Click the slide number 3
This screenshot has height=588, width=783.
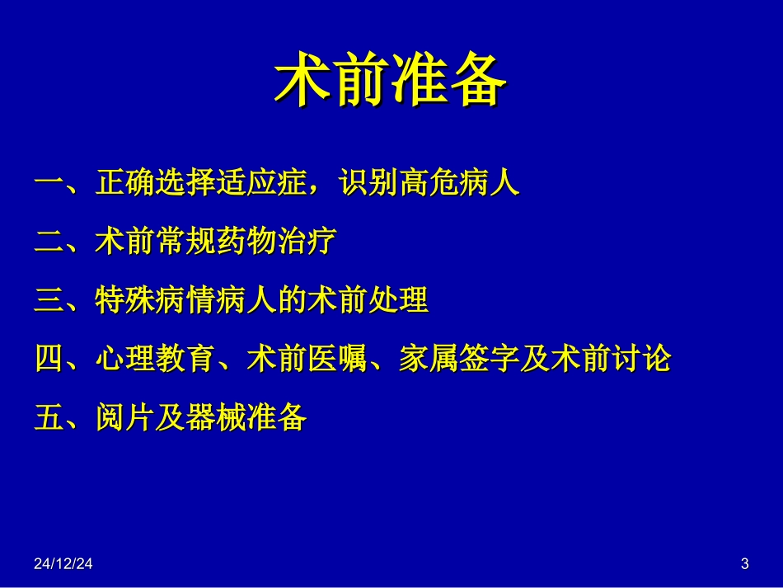(745, 565)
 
